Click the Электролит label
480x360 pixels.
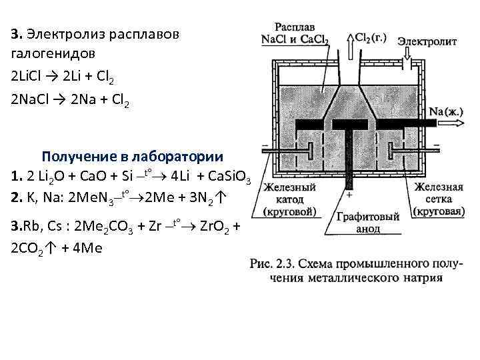(x=427, y=41)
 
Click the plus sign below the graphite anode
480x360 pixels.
(x=349, y=195)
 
